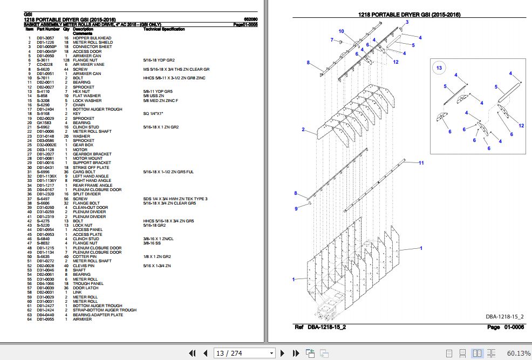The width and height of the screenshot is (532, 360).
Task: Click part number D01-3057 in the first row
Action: pos(45,38)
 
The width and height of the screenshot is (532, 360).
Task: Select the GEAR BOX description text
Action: pos(84,145)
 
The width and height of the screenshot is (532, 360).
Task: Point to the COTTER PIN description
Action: pos(85,256)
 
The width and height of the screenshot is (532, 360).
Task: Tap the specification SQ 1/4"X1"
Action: pos(153,114)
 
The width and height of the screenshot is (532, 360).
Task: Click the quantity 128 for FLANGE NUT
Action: pos(66,60)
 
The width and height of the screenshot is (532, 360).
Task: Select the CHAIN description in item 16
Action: pos(79,105)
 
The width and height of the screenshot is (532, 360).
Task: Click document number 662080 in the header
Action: pos(251,20)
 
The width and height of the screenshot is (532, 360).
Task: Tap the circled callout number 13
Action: pos(439,68)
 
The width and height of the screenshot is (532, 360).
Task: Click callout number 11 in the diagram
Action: pos(421,163)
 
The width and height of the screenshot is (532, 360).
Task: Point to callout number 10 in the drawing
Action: pos(342,31)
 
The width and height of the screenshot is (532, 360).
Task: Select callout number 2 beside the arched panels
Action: pos(304,130)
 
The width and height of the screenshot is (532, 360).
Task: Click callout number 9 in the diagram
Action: pos(296,209)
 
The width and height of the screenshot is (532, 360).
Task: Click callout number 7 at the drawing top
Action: pos(332,40)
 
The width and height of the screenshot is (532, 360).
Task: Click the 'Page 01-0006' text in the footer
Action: pos(501,327)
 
